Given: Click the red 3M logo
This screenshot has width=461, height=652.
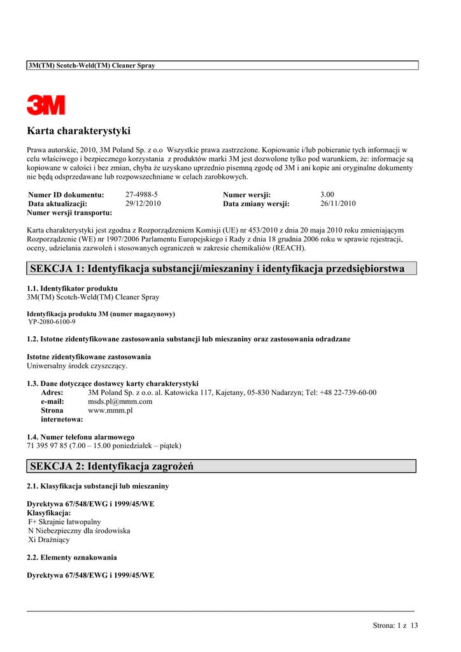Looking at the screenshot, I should [46, 105].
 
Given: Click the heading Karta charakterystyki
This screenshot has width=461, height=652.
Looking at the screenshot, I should [78, 131].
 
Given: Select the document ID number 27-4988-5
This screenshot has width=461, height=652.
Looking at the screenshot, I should [141, 194].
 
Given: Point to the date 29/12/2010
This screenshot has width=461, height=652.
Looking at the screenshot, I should [143, 204].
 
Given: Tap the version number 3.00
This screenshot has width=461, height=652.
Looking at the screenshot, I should [327, 194].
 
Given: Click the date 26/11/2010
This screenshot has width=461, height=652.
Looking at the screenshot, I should [338, 204].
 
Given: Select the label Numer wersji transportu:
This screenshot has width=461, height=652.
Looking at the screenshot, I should [69, 213].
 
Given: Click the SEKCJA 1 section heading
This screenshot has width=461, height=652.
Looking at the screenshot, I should [217, 269].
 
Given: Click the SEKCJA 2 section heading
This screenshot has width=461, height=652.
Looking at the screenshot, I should [111, 467].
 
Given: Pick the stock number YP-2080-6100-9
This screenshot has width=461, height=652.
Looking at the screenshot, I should [52, 322].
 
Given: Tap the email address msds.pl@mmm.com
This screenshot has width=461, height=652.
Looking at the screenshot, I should [120, 402].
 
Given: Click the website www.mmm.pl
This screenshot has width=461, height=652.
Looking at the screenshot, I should [110, 411].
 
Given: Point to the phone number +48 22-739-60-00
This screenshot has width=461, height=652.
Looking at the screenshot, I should [348, 393].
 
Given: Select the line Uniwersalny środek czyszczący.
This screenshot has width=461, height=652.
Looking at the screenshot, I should [77, 366].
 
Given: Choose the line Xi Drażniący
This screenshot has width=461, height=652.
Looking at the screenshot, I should [49, 539].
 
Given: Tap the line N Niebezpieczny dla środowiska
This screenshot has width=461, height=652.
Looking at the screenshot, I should [79, 530].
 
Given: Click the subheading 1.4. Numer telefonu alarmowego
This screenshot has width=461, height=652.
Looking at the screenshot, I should [81, 437].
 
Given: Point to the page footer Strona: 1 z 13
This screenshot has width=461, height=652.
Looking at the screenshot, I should [395, 625].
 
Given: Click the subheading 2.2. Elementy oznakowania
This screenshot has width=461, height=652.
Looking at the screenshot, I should [72, 557].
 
